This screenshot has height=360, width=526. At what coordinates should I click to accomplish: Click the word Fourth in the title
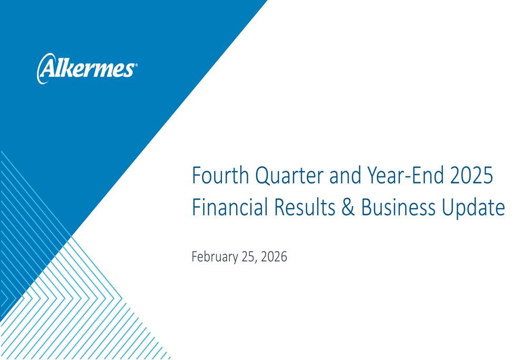[x=220, y=176]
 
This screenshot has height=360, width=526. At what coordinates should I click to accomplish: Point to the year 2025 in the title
[x=472, y=176]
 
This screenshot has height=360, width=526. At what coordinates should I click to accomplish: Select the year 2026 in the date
[x=274, y=257]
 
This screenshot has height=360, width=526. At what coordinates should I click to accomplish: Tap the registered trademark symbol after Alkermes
[x=136, y=65]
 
